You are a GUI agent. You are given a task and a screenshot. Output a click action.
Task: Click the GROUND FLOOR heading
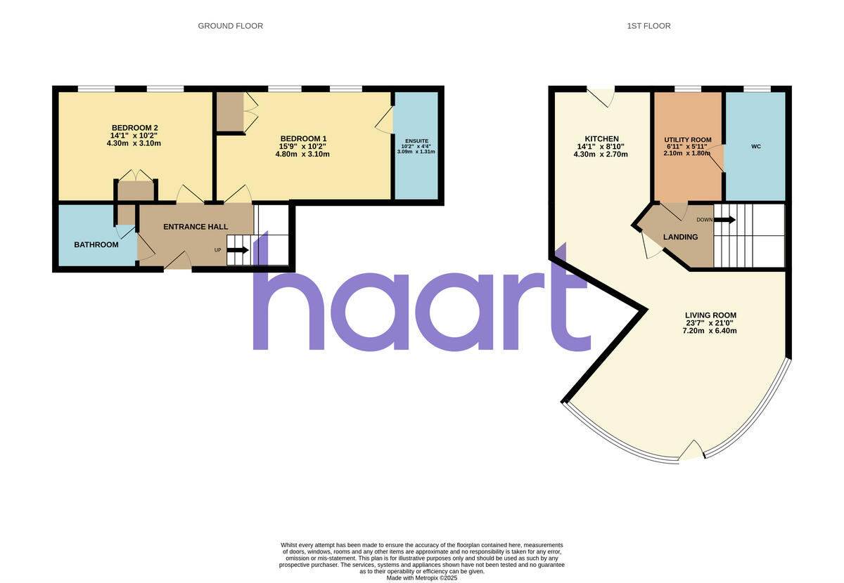230,26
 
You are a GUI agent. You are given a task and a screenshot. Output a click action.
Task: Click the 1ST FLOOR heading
648,26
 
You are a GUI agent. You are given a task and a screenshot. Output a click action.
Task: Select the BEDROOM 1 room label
303,138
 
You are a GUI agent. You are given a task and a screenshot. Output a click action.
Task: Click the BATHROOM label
96,244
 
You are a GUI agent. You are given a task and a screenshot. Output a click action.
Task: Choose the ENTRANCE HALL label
196,227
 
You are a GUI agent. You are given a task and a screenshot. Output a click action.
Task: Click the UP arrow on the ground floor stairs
237,249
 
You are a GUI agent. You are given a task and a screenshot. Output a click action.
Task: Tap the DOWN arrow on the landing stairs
724,220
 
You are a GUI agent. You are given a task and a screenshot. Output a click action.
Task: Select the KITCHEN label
601,139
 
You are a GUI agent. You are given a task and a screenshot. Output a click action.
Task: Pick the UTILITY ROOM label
688,140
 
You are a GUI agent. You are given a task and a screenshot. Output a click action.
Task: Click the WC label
756,147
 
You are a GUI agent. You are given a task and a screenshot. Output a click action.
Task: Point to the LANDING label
680,237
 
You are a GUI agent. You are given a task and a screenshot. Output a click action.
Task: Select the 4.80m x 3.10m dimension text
303,155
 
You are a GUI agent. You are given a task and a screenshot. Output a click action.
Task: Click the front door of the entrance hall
177,263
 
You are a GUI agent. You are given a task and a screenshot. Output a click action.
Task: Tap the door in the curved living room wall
691,451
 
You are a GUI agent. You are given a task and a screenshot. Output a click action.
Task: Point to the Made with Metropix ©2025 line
422,577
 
